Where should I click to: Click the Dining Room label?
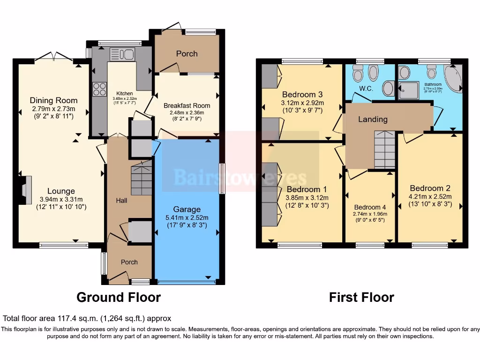tap(53, 100)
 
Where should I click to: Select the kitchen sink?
tap(122, 54)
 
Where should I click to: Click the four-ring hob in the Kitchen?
tap(99, 89)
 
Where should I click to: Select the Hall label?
tap(121, 200)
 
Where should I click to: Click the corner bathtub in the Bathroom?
tap(453, 80)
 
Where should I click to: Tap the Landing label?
tap(373, 119)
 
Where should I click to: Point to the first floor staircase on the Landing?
tap(384, 150)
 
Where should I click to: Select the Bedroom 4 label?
tap(370, 207)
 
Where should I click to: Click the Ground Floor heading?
tap(118, 297)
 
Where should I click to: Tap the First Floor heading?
tap(361, 297)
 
